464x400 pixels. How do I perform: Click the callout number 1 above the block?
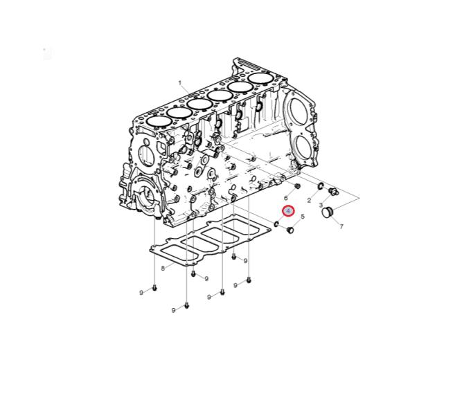click(180, 83)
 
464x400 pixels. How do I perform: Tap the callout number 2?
click(309, 201)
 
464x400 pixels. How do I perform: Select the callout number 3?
click(321, 205)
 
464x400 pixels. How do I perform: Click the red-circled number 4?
click(288, 211)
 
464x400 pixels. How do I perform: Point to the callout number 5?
click(302, 217)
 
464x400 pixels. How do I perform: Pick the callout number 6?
click(286, 198)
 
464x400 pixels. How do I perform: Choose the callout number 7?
click(341, 226)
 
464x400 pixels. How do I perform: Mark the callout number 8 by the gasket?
click(163, 268)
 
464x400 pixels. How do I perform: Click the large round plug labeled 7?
click(328, 212)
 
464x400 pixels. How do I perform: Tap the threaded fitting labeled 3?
click(334, 192)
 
